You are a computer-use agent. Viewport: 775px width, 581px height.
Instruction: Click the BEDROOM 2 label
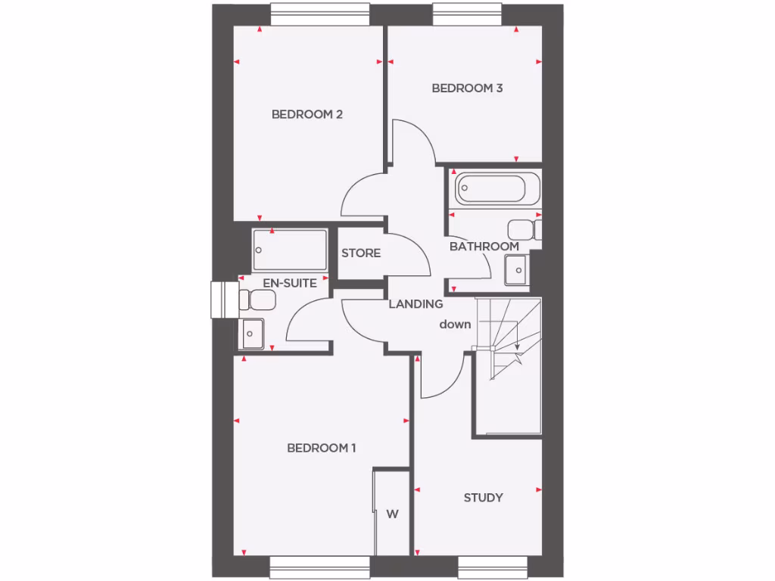click(307, 115)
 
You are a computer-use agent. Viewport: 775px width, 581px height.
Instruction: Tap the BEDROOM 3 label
click(467, 89)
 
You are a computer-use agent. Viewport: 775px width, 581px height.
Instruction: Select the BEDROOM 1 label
click(322, 448)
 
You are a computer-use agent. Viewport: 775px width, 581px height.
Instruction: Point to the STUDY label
click(483, 498)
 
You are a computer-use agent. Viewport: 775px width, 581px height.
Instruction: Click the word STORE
click(361, 253)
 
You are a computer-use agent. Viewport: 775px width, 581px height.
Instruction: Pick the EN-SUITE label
click(290, 283)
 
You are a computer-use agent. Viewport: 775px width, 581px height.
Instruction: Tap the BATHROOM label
click(484, 247)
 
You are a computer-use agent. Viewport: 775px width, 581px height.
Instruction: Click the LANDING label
click(416, 304)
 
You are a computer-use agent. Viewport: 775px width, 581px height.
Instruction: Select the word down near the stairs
click(456, 325)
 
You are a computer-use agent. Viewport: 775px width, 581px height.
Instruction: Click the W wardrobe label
click(392, 514)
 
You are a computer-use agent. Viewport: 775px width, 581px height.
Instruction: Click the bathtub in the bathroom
click(497, 188)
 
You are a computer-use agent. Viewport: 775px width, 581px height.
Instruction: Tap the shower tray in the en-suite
click(290, 249)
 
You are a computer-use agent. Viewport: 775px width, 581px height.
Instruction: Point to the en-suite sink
click(251, 331)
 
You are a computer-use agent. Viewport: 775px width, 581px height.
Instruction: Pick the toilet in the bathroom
click(524, 229)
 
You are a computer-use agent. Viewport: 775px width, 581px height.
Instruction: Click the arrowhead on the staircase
click(518, 347)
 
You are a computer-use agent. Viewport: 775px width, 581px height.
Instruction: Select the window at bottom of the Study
click(492, 567)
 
